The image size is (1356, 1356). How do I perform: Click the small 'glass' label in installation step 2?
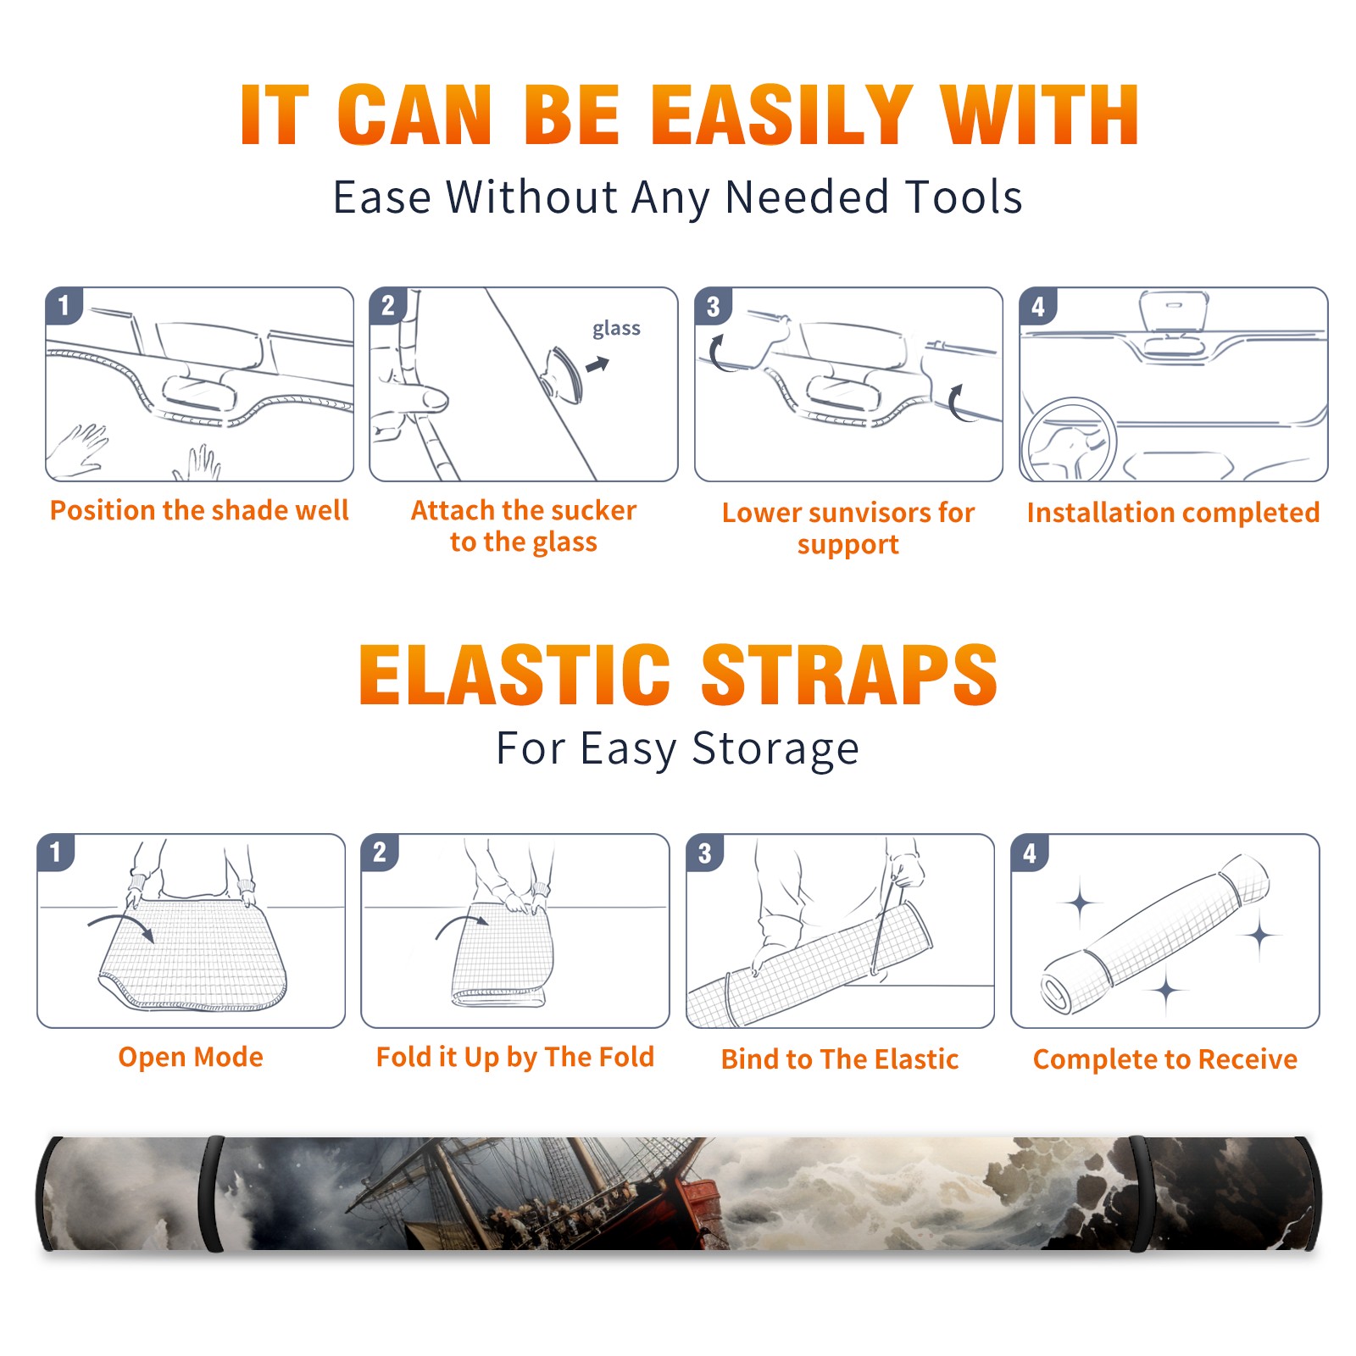[x=616, y=329]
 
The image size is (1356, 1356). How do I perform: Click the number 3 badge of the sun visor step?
[x=713, y=306]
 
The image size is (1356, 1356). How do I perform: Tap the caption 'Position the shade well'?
[x=199, y=510]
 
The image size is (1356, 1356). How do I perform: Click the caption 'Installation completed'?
[x=1173, y=513]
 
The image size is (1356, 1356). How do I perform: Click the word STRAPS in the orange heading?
[x=849, y=675]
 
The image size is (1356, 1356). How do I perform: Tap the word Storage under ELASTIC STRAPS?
[x=775, y=749]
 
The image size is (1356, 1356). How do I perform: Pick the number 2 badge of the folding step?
[x=379, y=852]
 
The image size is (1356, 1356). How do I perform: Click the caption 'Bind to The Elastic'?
[x=840, y=1059]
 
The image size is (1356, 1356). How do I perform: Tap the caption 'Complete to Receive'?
[x=1165, y=1059]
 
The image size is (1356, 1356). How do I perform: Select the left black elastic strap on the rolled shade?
[x=211, y=1194]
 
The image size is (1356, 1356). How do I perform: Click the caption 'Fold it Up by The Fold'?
[x=515, y=1058]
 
